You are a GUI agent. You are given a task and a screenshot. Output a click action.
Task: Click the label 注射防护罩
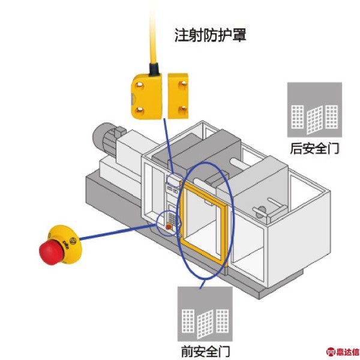point(211,35)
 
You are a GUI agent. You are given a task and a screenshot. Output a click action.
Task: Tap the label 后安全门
point(314,148)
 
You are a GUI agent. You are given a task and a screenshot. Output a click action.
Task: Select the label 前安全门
point(205,351)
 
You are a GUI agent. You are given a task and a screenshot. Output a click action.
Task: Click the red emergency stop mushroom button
point(52,253)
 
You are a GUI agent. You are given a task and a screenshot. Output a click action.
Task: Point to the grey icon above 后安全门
point(314,110)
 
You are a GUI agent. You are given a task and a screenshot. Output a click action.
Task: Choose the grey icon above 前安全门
point(205,314)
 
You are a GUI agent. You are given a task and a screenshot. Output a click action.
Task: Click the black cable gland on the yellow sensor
point(154,69)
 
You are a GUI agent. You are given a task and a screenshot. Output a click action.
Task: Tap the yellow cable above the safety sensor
point(153,34)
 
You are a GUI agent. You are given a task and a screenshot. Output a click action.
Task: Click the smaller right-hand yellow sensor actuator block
point(178,96)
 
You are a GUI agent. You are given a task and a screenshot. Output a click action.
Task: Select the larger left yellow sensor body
point(147,97)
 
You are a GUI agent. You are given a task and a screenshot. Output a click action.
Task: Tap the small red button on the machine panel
point(169,227)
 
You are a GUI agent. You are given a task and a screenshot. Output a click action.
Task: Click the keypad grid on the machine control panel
point(172,218)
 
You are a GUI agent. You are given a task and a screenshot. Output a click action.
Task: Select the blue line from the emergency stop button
point(118,232)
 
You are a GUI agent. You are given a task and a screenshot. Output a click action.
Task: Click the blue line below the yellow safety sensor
point(169,146)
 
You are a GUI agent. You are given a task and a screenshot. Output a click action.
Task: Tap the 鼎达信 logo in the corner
point(343,352)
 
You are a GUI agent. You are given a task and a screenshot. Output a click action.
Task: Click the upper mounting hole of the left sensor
point(139,85)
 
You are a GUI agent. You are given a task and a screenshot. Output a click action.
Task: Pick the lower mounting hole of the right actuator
point(182,109)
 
